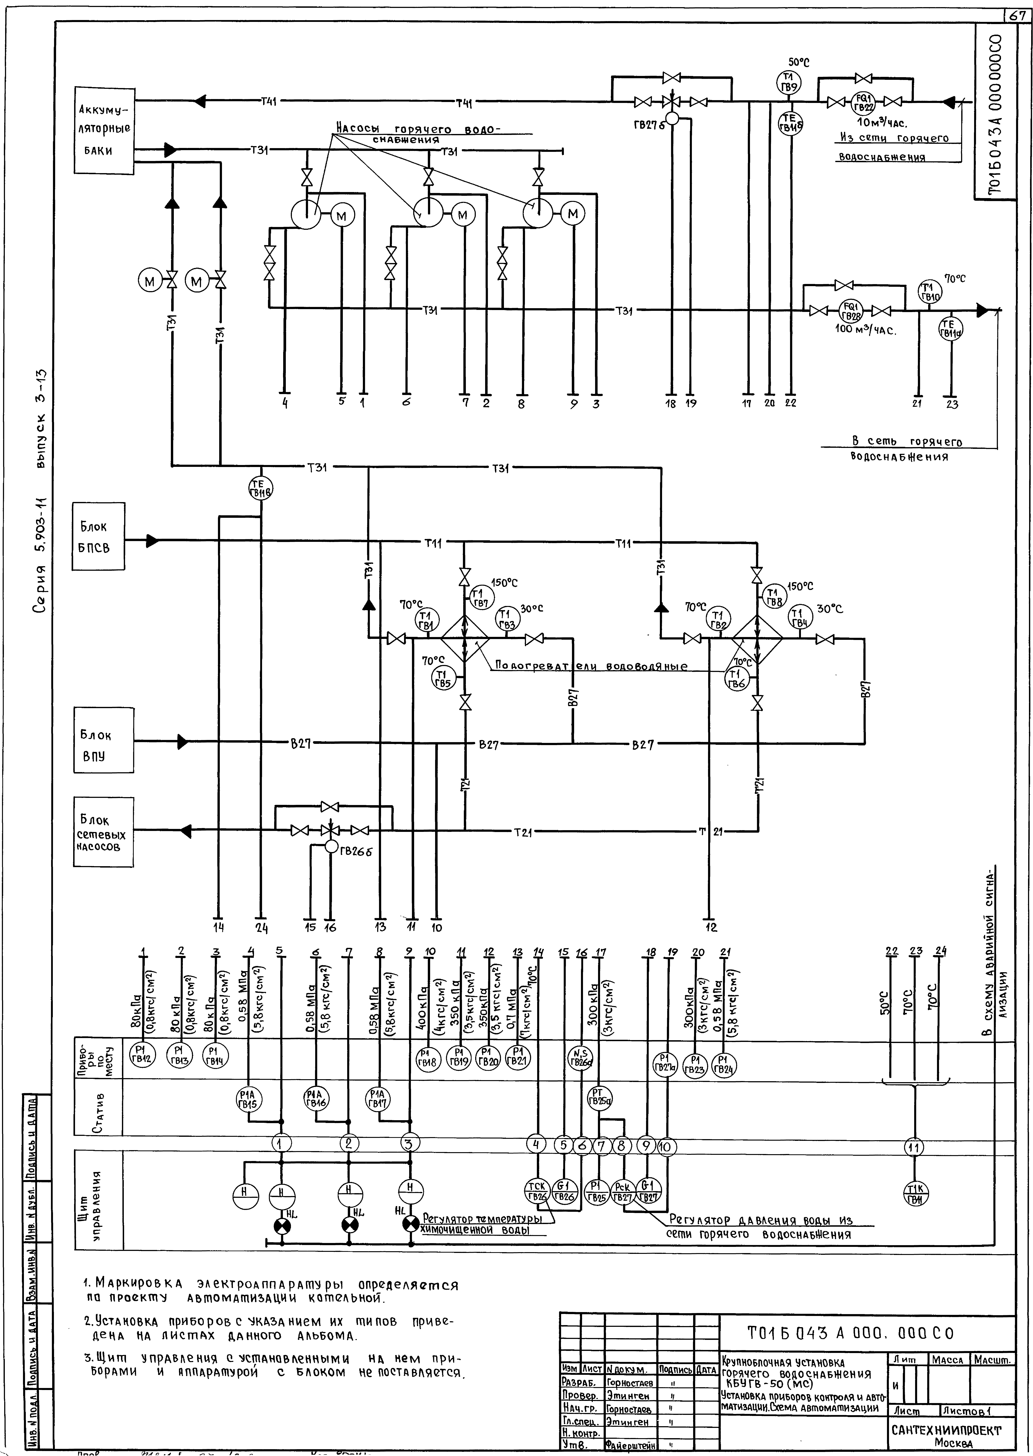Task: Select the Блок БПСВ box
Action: pos(99,538)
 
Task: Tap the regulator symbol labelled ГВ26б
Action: pos(331,847)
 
